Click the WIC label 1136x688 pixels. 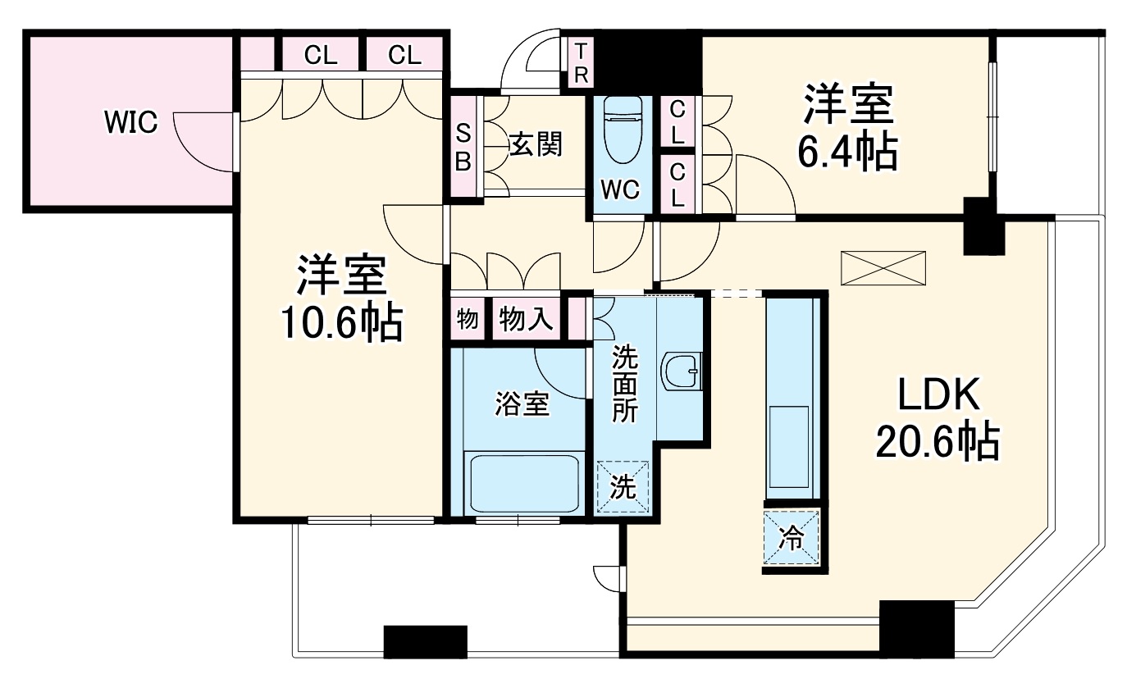tap(131, 122)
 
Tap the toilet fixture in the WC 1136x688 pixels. tap(623, 130)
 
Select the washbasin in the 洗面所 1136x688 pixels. tap(682, 372)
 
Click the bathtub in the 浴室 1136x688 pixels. tap(524, 484)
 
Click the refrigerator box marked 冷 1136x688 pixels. tap(792, 537)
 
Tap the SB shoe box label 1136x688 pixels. tap(463, 148)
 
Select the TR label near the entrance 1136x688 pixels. tap(581, 63)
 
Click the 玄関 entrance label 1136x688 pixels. tap(536, 144)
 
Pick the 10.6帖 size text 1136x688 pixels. tap(342, 323)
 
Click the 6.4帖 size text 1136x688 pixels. tap(848, 151)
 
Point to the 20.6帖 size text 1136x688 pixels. tap(938, 442)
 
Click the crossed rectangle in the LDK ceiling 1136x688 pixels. tap(883, 268)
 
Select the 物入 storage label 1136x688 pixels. tap(526, 320)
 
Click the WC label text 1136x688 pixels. tap(620, 190)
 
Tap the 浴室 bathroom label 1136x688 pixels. tap(522, 404)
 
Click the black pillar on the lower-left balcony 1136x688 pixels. tap(425, 642)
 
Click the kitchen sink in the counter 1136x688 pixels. tap(788, 446)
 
